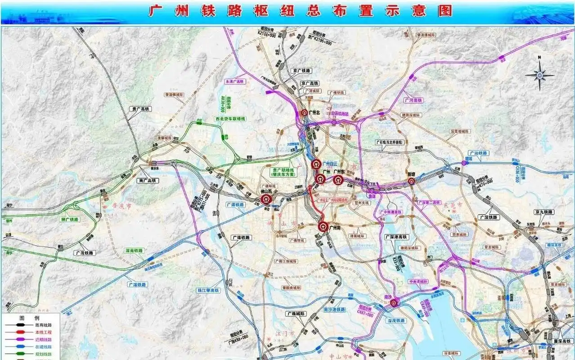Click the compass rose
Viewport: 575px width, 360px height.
coord(539,74)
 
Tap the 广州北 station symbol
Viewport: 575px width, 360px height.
coord(305,113)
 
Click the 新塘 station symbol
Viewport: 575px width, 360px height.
coord(411,181)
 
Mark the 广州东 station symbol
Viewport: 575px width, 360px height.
coord(339,180)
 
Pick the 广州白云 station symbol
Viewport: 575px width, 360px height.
coord(316,165)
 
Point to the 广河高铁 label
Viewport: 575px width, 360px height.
coord(413,100)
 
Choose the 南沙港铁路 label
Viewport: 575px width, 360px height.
coord(334,310)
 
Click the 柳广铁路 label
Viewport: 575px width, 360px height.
coord(69,220)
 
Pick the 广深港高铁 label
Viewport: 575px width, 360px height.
coord(395,236)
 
